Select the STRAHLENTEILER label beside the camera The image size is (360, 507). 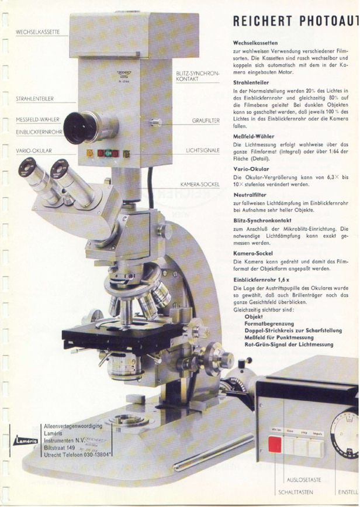coord(34,100)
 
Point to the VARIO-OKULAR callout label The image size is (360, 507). coord(34,151)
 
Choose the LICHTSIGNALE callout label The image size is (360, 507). coord(202,151)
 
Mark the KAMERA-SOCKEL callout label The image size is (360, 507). coord(200,184)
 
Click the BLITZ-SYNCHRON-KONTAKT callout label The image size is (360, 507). coord(197,75)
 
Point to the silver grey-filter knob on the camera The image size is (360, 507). coord(155,122)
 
